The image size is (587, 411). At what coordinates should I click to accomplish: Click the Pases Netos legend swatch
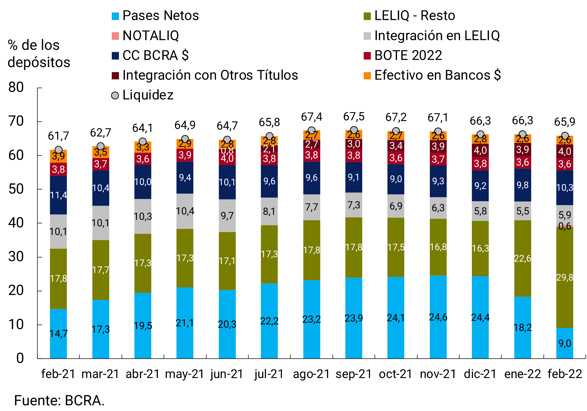click(115, 16)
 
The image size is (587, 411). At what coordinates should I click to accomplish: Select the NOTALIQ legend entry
click(151, 36)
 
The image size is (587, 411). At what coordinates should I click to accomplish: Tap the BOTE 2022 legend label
click(408, 55)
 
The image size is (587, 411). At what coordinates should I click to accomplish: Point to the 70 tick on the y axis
click(16, 121)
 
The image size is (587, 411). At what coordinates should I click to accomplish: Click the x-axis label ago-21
click(311, 374)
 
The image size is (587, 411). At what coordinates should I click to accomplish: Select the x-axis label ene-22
click(523, 374)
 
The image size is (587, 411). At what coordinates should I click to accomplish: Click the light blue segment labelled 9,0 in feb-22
click(564, 343)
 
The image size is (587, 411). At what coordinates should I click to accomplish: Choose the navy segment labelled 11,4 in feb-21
click(58, 195)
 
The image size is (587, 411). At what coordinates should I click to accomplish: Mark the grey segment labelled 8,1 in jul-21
click(269, 211)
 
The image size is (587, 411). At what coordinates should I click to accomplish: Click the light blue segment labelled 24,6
click(438, 317)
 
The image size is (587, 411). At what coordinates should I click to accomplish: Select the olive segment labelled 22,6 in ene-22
click(523, 258)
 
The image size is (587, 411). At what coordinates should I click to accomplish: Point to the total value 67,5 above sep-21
click(354, 117)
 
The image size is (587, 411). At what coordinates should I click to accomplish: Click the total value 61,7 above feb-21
click(58, 136)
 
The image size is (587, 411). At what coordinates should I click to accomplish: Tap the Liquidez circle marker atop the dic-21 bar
click(480, 134)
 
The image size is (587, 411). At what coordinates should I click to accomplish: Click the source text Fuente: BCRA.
click(59, 400)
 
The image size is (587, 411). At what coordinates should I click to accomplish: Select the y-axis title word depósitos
click(39, 62)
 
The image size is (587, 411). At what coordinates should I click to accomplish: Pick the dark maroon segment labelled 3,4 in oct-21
click(396, 146)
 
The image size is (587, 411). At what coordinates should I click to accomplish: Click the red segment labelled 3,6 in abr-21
click(143, 159)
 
